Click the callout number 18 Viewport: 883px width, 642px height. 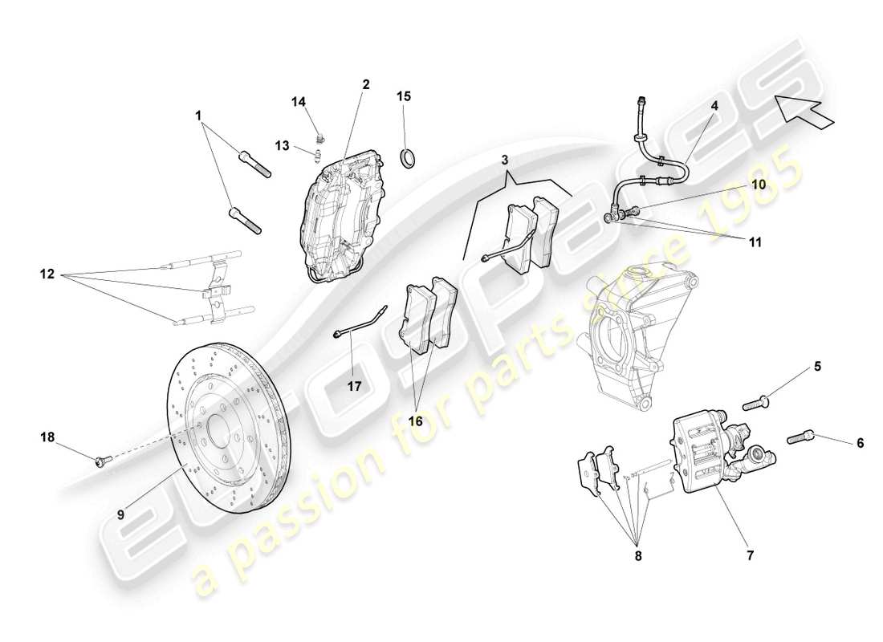point(47,437)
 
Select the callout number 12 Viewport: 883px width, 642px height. point(46,274)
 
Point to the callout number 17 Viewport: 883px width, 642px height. point(355,386)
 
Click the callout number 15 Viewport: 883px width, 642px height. point(403,96)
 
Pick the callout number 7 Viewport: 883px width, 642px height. point(753,553)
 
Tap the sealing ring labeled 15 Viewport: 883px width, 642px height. point(409,156)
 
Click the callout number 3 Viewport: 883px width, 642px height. point(505,160)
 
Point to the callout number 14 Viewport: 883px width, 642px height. point(299,102)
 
